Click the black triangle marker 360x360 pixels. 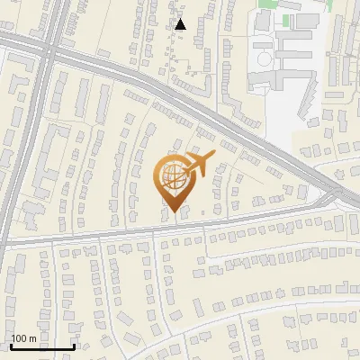181,24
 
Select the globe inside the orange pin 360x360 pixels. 172,177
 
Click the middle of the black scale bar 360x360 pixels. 42,346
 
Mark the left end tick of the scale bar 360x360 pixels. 11,346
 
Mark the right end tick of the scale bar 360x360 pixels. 74,346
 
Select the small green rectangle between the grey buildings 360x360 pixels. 287,20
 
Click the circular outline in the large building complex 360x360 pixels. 265,58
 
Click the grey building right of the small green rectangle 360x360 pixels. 307,19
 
